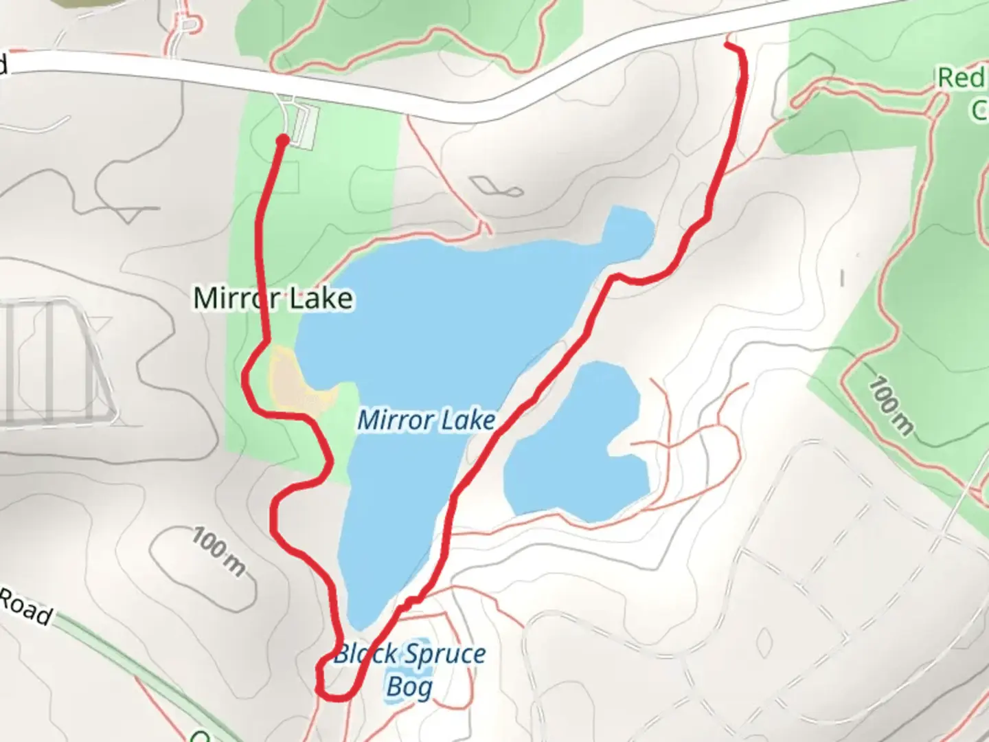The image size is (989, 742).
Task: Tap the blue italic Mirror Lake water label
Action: tap(426, 420)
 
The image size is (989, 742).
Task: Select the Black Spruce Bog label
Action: tap(409, 670)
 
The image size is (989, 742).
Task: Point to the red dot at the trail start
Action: tap(282, 141)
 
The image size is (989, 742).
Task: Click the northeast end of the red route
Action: tap(727, 45)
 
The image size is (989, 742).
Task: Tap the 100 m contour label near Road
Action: tap(218, 550)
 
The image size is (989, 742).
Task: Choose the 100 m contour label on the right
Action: tap(891, 405)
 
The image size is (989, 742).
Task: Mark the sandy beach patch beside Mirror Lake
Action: tap(292, 381)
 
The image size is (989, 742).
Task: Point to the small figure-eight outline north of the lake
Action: tap(497, 186)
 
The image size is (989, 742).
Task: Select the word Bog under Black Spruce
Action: tap(409, 686)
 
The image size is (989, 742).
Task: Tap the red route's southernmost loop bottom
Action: tap(334, 699)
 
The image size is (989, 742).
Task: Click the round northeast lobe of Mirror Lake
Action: tap(628, 231)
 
